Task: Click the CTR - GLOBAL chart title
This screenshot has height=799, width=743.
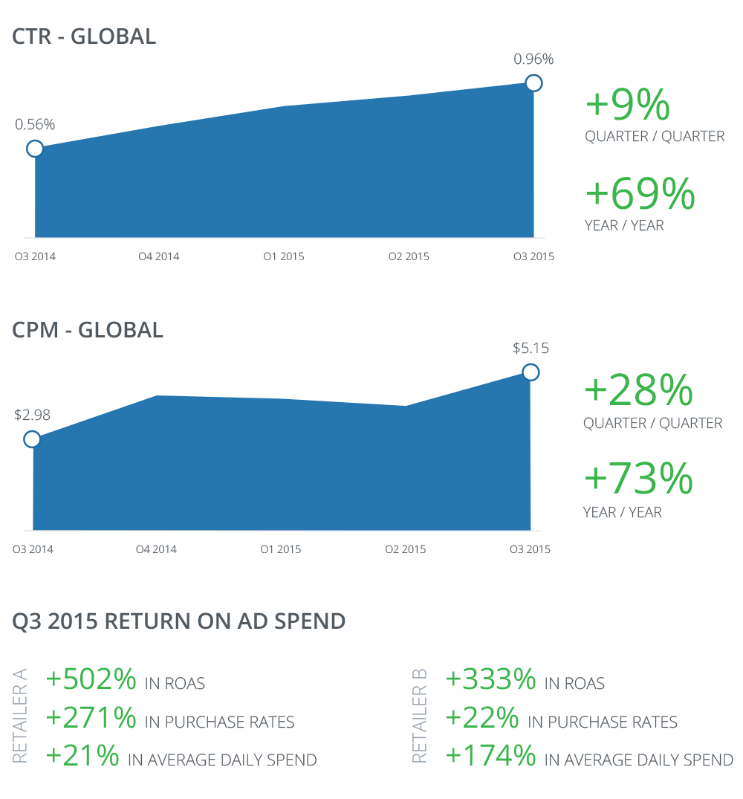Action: pos(85,36)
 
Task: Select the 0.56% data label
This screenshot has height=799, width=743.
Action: pos(35,125)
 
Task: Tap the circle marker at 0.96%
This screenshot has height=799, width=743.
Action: pos(533,83)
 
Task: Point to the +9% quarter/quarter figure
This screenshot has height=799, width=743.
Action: pos(628,106)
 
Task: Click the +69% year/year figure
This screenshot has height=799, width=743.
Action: pos(640,194)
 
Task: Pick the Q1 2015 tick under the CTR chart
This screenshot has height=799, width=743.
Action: pos(284,257)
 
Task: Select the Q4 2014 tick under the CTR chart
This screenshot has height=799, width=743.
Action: pos(159,257)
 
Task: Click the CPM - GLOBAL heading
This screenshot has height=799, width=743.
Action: pos(88,329)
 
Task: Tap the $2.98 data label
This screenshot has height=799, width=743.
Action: pos(32,415)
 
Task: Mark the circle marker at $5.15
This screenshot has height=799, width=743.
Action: pos(531,372)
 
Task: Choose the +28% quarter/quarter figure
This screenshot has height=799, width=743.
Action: pos(638,392)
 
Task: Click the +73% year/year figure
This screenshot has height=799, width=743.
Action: pos(638,479)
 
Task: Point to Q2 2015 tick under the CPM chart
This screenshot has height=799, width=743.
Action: pos(406,550)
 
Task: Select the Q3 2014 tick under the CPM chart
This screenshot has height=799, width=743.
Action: pos(33,550)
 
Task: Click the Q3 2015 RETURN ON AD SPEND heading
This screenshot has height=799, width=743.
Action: pos(179,621)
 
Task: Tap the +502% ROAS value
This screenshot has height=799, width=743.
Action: pos(91,679)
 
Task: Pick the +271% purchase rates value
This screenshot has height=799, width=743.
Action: pos(91,718)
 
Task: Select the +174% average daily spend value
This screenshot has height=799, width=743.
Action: pos(490,757)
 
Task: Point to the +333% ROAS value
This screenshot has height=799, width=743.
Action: pos(490,679)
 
